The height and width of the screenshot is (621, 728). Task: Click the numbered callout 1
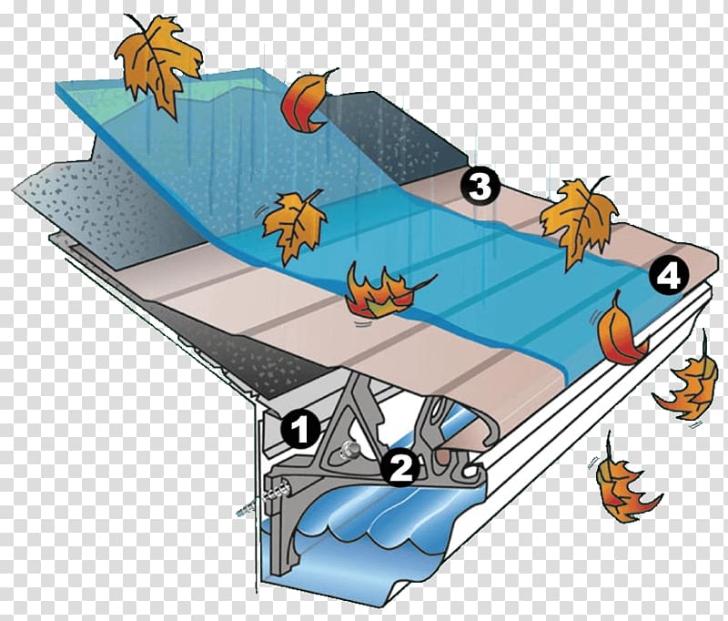click(x=301, y=429)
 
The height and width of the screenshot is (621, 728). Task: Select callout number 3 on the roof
click(x=480, y=187)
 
